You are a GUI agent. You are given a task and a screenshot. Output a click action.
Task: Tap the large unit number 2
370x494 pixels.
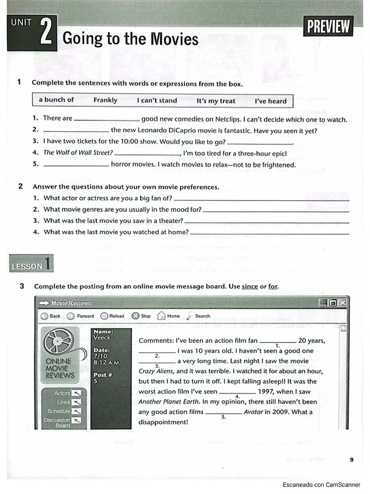[x=47, y=33]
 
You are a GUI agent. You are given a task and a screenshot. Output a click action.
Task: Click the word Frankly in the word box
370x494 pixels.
[x=105, y=100]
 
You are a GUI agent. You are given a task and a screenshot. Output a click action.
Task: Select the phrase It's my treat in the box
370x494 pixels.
[x=216, y=101]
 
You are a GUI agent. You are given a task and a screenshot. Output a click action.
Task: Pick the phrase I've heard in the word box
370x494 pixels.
[x=270, y=101]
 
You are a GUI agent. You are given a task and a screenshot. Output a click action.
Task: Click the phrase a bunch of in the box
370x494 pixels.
[x=56, y=100]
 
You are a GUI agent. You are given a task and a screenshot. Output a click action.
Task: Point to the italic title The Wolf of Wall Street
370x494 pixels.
[x=78, y=153]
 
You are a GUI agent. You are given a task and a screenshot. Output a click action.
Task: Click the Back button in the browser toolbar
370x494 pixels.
[x=50, y=316]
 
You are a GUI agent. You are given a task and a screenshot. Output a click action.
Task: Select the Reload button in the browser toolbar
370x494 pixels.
[x=112, y=316]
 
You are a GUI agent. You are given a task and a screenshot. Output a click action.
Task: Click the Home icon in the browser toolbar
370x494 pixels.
[x=162, y=316]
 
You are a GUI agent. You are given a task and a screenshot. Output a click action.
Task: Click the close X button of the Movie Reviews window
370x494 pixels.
[x=342, y=303]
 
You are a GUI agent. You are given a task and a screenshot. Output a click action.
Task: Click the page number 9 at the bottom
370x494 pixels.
[x=352, y=460]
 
